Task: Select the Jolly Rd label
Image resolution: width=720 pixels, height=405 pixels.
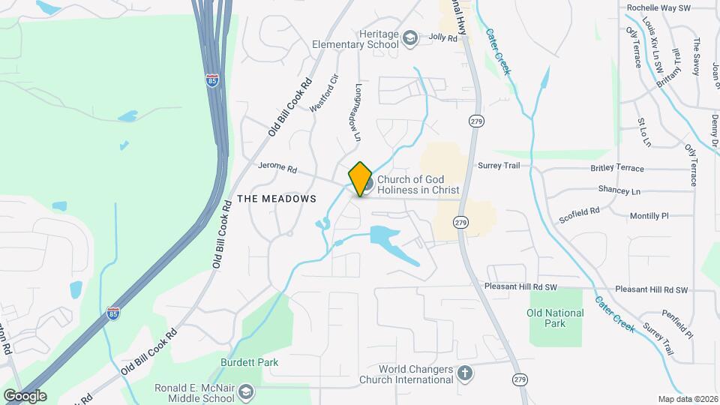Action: [x=442, y=37]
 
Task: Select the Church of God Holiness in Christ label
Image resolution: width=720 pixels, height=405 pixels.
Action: [x=417, y=184]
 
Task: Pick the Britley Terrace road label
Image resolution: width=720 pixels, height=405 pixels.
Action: [x=616, y=169]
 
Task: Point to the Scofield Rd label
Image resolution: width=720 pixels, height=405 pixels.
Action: [x=580, y=215]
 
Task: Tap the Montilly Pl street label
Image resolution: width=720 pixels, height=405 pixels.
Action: [x=649, y=215]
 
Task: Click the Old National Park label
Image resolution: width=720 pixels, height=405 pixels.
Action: [x=555, y=318]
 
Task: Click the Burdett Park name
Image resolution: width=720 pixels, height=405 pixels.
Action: [x=250, y=362]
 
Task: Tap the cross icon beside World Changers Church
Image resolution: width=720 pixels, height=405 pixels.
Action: [x=465, y=373]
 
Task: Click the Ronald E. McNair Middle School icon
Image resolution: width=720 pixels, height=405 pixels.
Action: [x=247, y=391]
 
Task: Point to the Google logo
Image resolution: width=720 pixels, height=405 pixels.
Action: [x=25, y=395]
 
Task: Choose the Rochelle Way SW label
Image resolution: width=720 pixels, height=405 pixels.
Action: [x=658, y=7]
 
